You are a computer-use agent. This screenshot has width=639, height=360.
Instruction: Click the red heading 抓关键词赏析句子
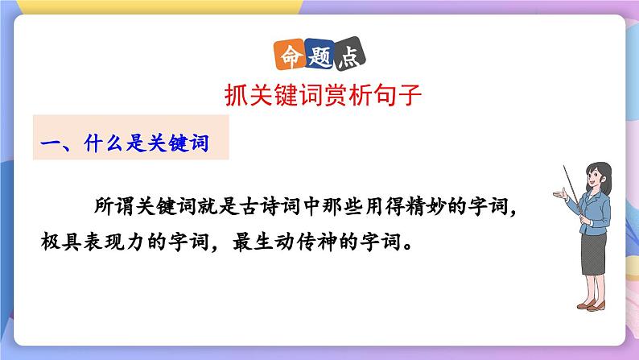(319, 95)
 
